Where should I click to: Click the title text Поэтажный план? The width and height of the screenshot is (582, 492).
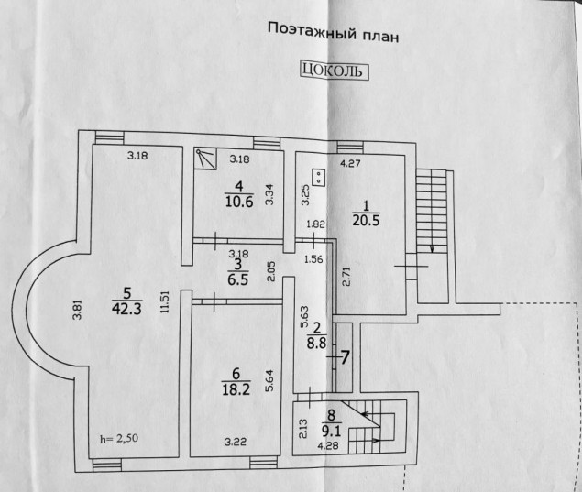pos(334,33)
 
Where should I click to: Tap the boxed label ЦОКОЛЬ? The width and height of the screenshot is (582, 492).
pos(334,71)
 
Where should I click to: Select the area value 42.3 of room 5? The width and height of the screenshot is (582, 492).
pos(126,309)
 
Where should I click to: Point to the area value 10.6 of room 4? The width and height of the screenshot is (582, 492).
pos(239,202)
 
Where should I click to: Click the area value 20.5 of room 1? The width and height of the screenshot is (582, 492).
pos(366,221)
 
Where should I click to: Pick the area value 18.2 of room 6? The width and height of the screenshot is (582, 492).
pos(236,389)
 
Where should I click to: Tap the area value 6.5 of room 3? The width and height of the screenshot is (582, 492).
pos(238,279)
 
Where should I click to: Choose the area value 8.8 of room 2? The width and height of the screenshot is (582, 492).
pos(316,343)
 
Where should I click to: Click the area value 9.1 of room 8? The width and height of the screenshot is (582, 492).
pos(331,431)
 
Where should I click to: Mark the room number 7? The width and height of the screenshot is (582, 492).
pos(345,357)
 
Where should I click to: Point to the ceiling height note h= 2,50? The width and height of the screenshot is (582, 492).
pos(119,438)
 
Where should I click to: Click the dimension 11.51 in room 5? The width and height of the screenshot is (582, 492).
pos(165,302)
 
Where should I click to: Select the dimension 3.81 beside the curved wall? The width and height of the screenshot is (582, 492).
pos(77,311)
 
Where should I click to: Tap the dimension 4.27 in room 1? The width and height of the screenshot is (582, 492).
pos(350,163)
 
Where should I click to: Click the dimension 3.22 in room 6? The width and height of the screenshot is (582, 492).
pos(236,442)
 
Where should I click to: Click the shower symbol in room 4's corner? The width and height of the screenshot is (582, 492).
pos(205,159)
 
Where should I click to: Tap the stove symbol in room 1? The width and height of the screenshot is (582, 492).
pos(319,178)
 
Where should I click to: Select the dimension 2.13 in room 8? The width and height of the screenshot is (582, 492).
pos(302,429)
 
